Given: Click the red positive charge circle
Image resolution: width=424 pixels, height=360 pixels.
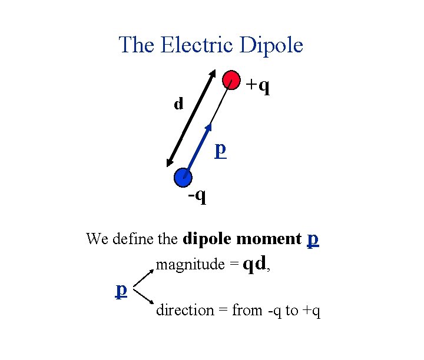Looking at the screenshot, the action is [231, 80].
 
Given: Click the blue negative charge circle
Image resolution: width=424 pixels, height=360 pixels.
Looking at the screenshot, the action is [183, 176].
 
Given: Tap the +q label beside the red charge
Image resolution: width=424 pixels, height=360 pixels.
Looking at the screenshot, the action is [258, 86].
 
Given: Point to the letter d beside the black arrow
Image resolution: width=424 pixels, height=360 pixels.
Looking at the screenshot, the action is [178, 105].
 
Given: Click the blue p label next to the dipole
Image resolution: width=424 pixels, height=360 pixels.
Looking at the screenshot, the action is [220, 149].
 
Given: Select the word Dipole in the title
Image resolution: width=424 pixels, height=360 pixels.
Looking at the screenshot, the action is [271, 45].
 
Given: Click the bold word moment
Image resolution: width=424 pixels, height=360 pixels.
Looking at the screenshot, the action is [269, 239].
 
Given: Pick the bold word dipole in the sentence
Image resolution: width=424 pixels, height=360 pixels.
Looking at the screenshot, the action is [207, 239].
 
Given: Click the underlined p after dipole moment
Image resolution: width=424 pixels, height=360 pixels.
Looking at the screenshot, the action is [313, 239].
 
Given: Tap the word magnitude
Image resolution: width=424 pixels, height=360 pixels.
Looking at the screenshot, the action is [190, 265].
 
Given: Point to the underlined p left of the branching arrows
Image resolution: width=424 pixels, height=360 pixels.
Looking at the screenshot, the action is [121, 289].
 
